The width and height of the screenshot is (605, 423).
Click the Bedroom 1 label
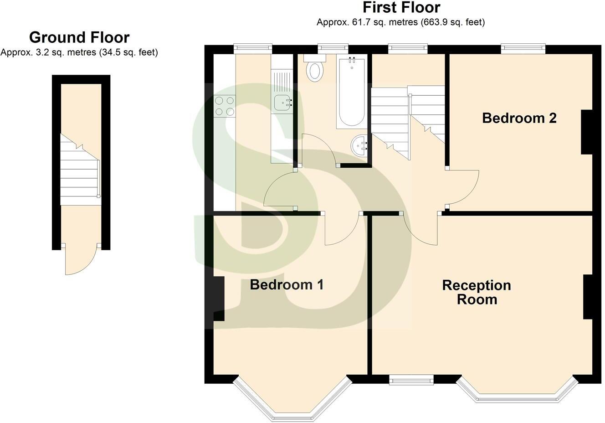click(x=287, y=285)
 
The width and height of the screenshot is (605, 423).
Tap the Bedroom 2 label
click(x=519, y=118)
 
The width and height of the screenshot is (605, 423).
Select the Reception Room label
click(x=477, y=292)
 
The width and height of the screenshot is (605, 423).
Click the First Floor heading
click(x=401, y=8)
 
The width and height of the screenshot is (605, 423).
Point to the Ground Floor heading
click(x=79, y=37)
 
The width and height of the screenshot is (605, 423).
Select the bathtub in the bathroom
click(x=351, y=93)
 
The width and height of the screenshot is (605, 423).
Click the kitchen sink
click(x=283, y=104)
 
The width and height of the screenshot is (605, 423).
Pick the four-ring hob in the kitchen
click(x=225, y=106)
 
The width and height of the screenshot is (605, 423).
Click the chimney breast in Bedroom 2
click(x=586, y=132)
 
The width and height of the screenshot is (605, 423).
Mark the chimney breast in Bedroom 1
click(x=219, y=299)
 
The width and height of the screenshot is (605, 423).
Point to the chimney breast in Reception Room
click(x=588, y=296)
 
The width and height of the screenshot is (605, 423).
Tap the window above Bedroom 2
click(x=523, y=48)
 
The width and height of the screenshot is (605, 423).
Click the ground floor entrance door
click(x=81, y=260)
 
